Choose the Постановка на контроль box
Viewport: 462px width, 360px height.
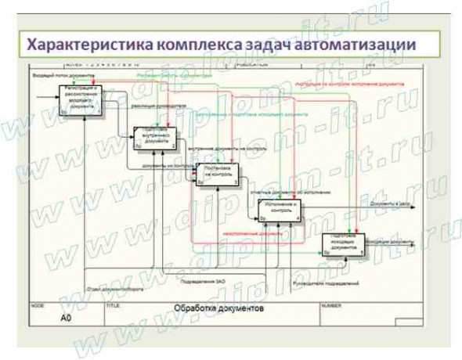(217, 175)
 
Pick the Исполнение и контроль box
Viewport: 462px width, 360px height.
(280, 211)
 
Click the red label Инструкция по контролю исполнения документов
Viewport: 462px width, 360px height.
(345, 80)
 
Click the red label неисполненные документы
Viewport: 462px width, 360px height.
(252, 233)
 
